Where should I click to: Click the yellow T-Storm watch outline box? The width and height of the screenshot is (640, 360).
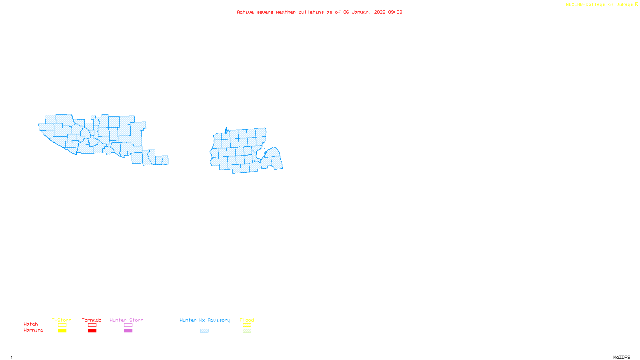(62, 325)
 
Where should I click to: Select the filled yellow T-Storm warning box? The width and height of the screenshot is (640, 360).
(62, 331)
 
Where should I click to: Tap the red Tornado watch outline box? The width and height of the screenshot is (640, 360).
(92, 325)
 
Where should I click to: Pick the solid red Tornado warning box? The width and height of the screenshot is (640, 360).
(92, 331)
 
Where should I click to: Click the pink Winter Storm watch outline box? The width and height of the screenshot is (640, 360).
(128, 325)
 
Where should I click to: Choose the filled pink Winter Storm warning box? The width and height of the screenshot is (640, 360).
(128, 331)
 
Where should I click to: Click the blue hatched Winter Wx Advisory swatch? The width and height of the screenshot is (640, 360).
(204, 331)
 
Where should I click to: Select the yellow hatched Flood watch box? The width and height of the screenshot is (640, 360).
(247, 325)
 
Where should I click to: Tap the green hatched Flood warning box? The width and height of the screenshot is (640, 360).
(247, 331)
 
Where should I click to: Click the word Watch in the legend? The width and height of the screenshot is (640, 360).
(31, 324)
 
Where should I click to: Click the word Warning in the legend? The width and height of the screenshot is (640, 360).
(33, 330)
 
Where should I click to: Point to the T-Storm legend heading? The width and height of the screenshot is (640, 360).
(62, 320)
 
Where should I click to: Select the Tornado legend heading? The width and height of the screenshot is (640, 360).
(92, 320)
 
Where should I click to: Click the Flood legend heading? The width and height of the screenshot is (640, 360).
(247, 320)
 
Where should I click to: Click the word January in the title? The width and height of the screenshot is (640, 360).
(362, 12)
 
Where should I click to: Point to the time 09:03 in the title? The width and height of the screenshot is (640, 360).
(395, 12)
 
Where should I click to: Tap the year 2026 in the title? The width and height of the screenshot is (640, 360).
(380, 12)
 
